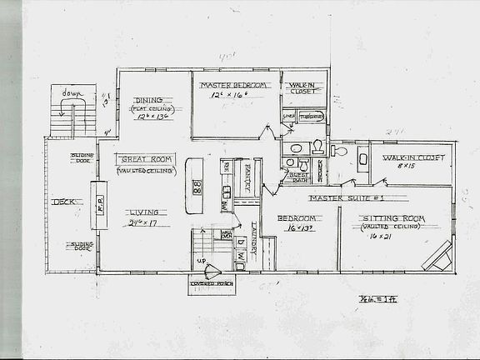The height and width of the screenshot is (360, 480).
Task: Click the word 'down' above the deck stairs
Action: pos(74,93)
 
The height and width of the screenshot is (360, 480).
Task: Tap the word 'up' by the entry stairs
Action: pos(199,262)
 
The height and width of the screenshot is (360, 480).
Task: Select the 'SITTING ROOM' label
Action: pos(388,217)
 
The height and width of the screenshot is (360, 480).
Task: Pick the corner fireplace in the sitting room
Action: pos(437,255)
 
